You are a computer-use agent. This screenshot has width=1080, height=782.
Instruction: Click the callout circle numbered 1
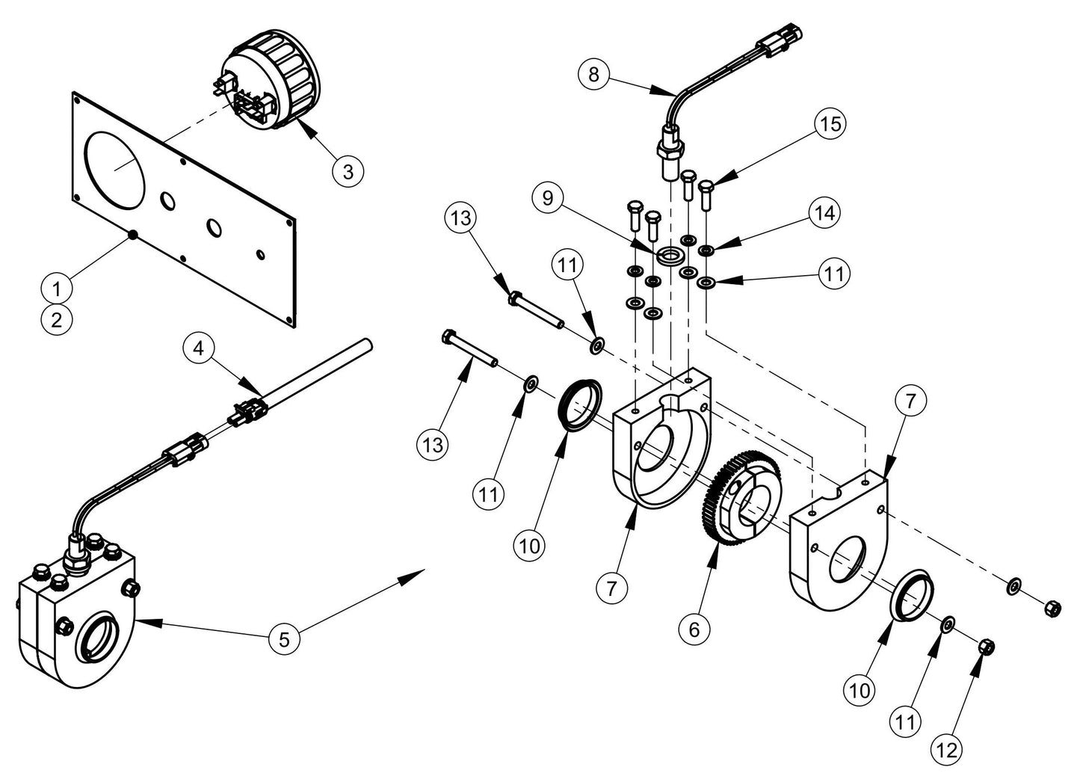(x=57, y=286)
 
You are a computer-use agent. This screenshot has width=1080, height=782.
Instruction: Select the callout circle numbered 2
(x=57, y=320)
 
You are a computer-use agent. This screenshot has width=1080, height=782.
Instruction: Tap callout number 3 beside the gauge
(x=348, y=170)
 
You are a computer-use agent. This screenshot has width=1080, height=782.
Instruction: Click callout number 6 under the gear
(x=694, y=629)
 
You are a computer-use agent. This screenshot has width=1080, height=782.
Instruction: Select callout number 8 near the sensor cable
(x=594, y=74)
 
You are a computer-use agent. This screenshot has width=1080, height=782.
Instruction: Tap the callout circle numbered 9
(x=548, y=198)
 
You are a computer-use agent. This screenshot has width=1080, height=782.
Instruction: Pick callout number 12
(x=947, y=751)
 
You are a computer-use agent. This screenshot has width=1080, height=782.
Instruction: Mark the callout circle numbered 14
(x=824, y=213)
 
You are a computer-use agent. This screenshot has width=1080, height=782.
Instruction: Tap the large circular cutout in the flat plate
(x=114, y=170)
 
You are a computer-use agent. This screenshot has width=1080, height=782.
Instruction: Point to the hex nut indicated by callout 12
(x=985, y=645)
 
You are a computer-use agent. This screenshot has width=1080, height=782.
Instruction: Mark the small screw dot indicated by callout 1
(x=132, y=235)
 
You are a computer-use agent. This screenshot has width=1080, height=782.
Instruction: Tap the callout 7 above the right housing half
(x=910, y=401)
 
